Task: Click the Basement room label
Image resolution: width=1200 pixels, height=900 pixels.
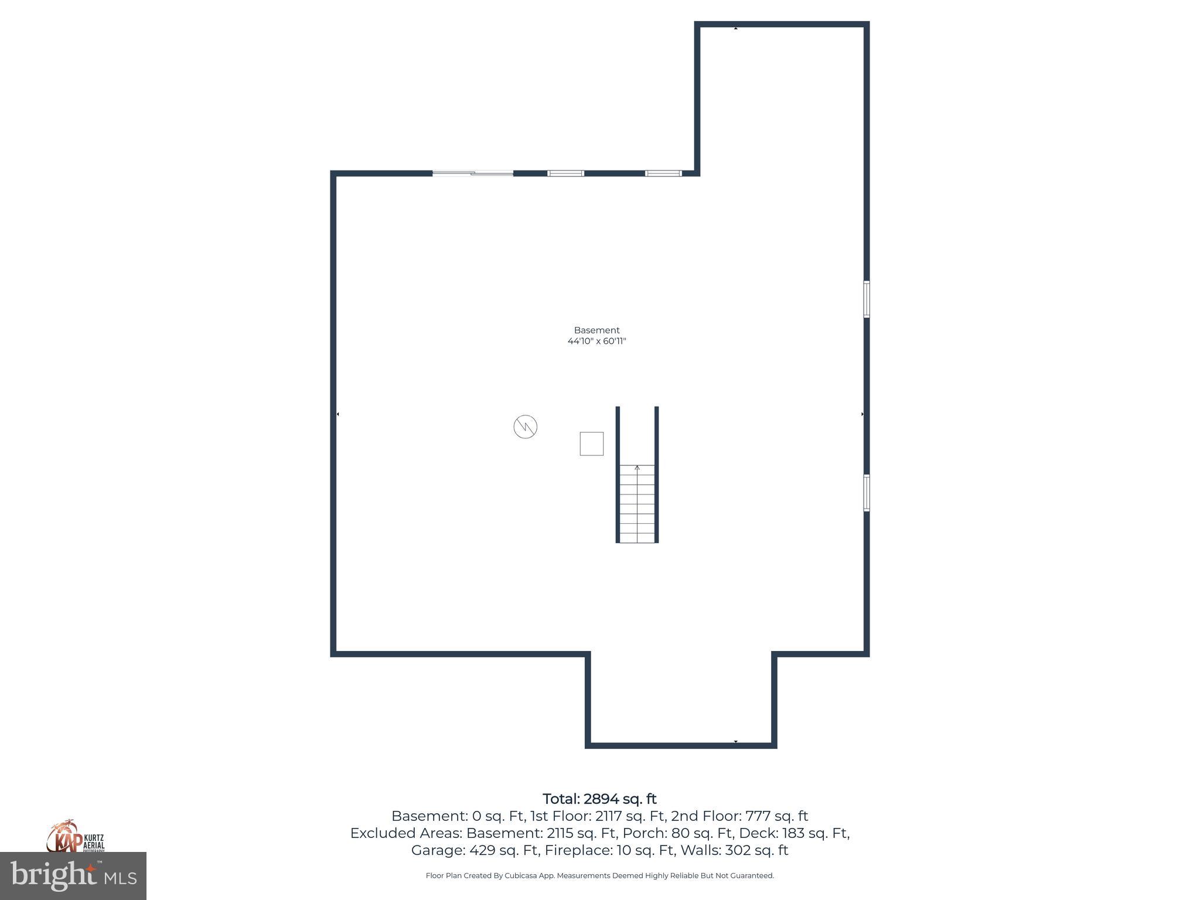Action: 596,330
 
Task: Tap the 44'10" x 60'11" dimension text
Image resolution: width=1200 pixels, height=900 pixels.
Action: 596,341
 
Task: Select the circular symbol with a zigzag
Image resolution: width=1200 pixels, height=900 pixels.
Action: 525,427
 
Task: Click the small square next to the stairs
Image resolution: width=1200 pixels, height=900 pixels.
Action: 591,444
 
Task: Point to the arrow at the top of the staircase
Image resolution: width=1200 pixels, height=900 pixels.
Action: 637,468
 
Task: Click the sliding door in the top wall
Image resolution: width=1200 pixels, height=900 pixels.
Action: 473,173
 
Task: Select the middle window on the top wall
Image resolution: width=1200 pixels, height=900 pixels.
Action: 565,173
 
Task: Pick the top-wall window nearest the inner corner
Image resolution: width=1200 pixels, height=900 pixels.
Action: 663,173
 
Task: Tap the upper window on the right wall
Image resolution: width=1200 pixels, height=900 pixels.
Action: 866,299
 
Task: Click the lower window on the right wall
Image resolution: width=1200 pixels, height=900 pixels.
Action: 866,493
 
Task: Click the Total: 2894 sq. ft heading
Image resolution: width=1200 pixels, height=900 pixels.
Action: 599,799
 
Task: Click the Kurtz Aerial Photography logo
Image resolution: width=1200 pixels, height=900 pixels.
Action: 75,837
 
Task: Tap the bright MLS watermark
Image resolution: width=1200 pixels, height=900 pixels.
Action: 73,876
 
